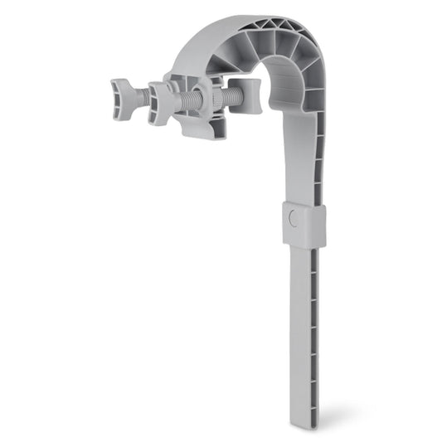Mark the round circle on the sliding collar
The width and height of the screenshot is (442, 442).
(290, 220)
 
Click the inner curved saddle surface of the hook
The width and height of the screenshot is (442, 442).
(286, 87)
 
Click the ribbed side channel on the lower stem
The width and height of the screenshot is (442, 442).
(314, 332)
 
